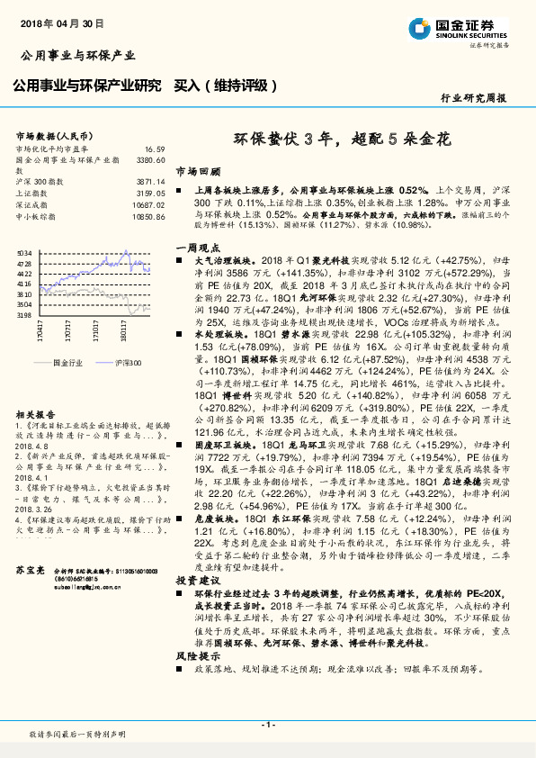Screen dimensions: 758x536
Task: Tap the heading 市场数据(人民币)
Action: [54, 135]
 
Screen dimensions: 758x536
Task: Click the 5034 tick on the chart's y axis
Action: [23, 254]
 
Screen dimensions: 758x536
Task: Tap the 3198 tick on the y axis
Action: [23, 315]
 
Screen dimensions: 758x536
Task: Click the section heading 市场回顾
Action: [197, 170]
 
